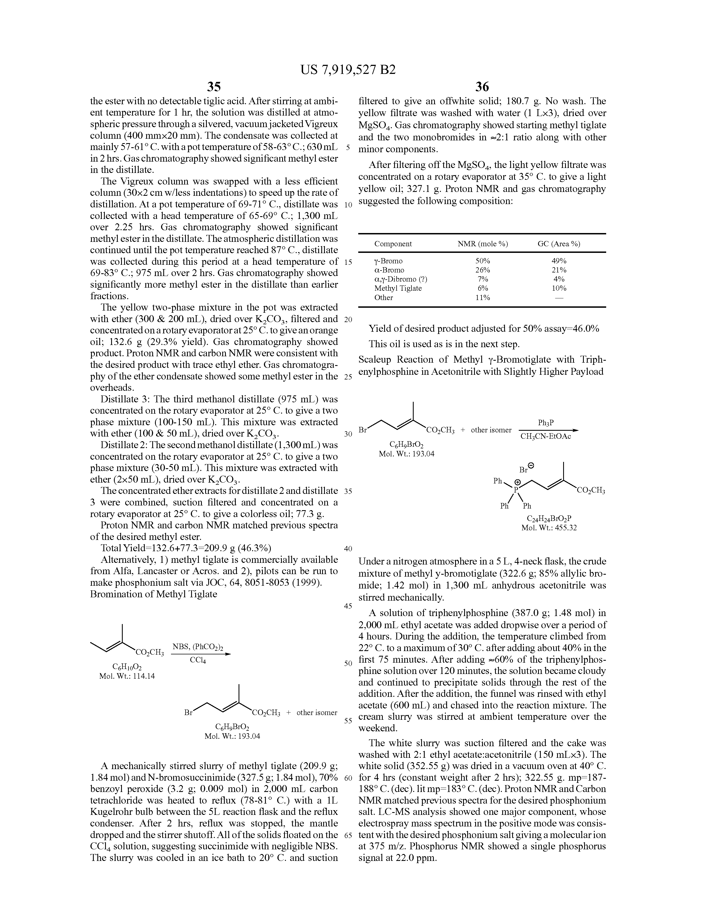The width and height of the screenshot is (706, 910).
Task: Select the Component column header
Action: point(393,244)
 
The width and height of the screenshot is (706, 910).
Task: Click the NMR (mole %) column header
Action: point(483,244)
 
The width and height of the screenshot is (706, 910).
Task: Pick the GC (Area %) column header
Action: point(558,244)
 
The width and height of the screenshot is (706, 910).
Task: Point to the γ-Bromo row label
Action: point(388,261)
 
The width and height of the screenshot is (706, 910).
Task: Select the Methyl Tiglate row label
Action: point(398,288)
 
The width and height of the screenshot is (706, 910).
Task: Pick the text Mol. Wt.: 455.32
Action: point(549,528)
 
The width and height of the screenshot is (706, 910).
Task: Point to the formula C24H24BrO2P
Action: point(549,518)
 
